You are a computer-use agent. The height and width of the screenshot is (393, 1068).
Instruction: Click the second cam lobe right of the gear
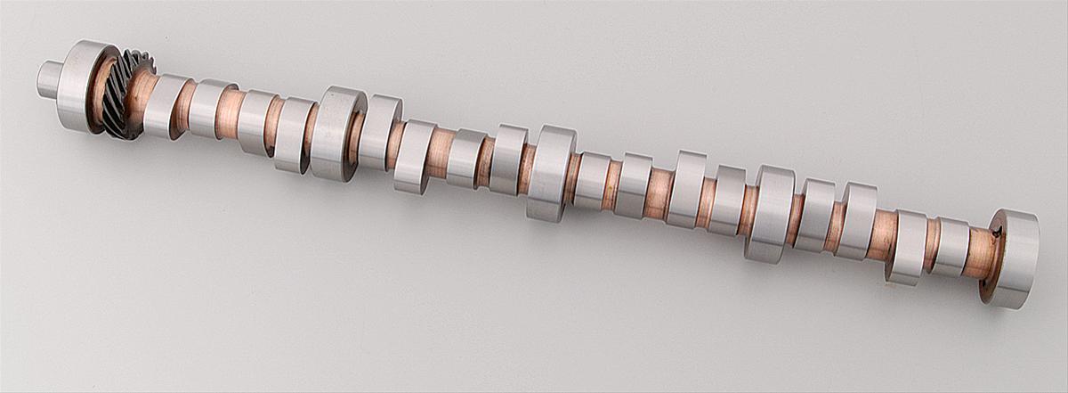click(x=207, y=109)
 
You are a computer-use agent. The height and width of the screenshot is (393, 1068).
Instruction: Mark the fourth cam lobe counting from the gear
click(x=292, y=135)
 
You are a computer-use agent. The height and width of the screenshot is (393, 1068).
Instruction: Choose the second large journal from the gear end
click(x=335, y=133)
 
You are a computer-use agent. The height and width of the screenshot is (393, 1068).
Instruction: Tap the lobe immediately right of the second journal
click(x=379, y=132)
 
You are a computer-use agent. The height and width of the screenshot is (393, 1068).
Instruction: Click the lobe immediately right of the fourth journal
click(x=813, y=214)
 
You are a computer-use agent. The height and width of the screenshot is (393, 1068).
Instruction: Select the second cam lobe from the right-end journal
click(x=907, y=247)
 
